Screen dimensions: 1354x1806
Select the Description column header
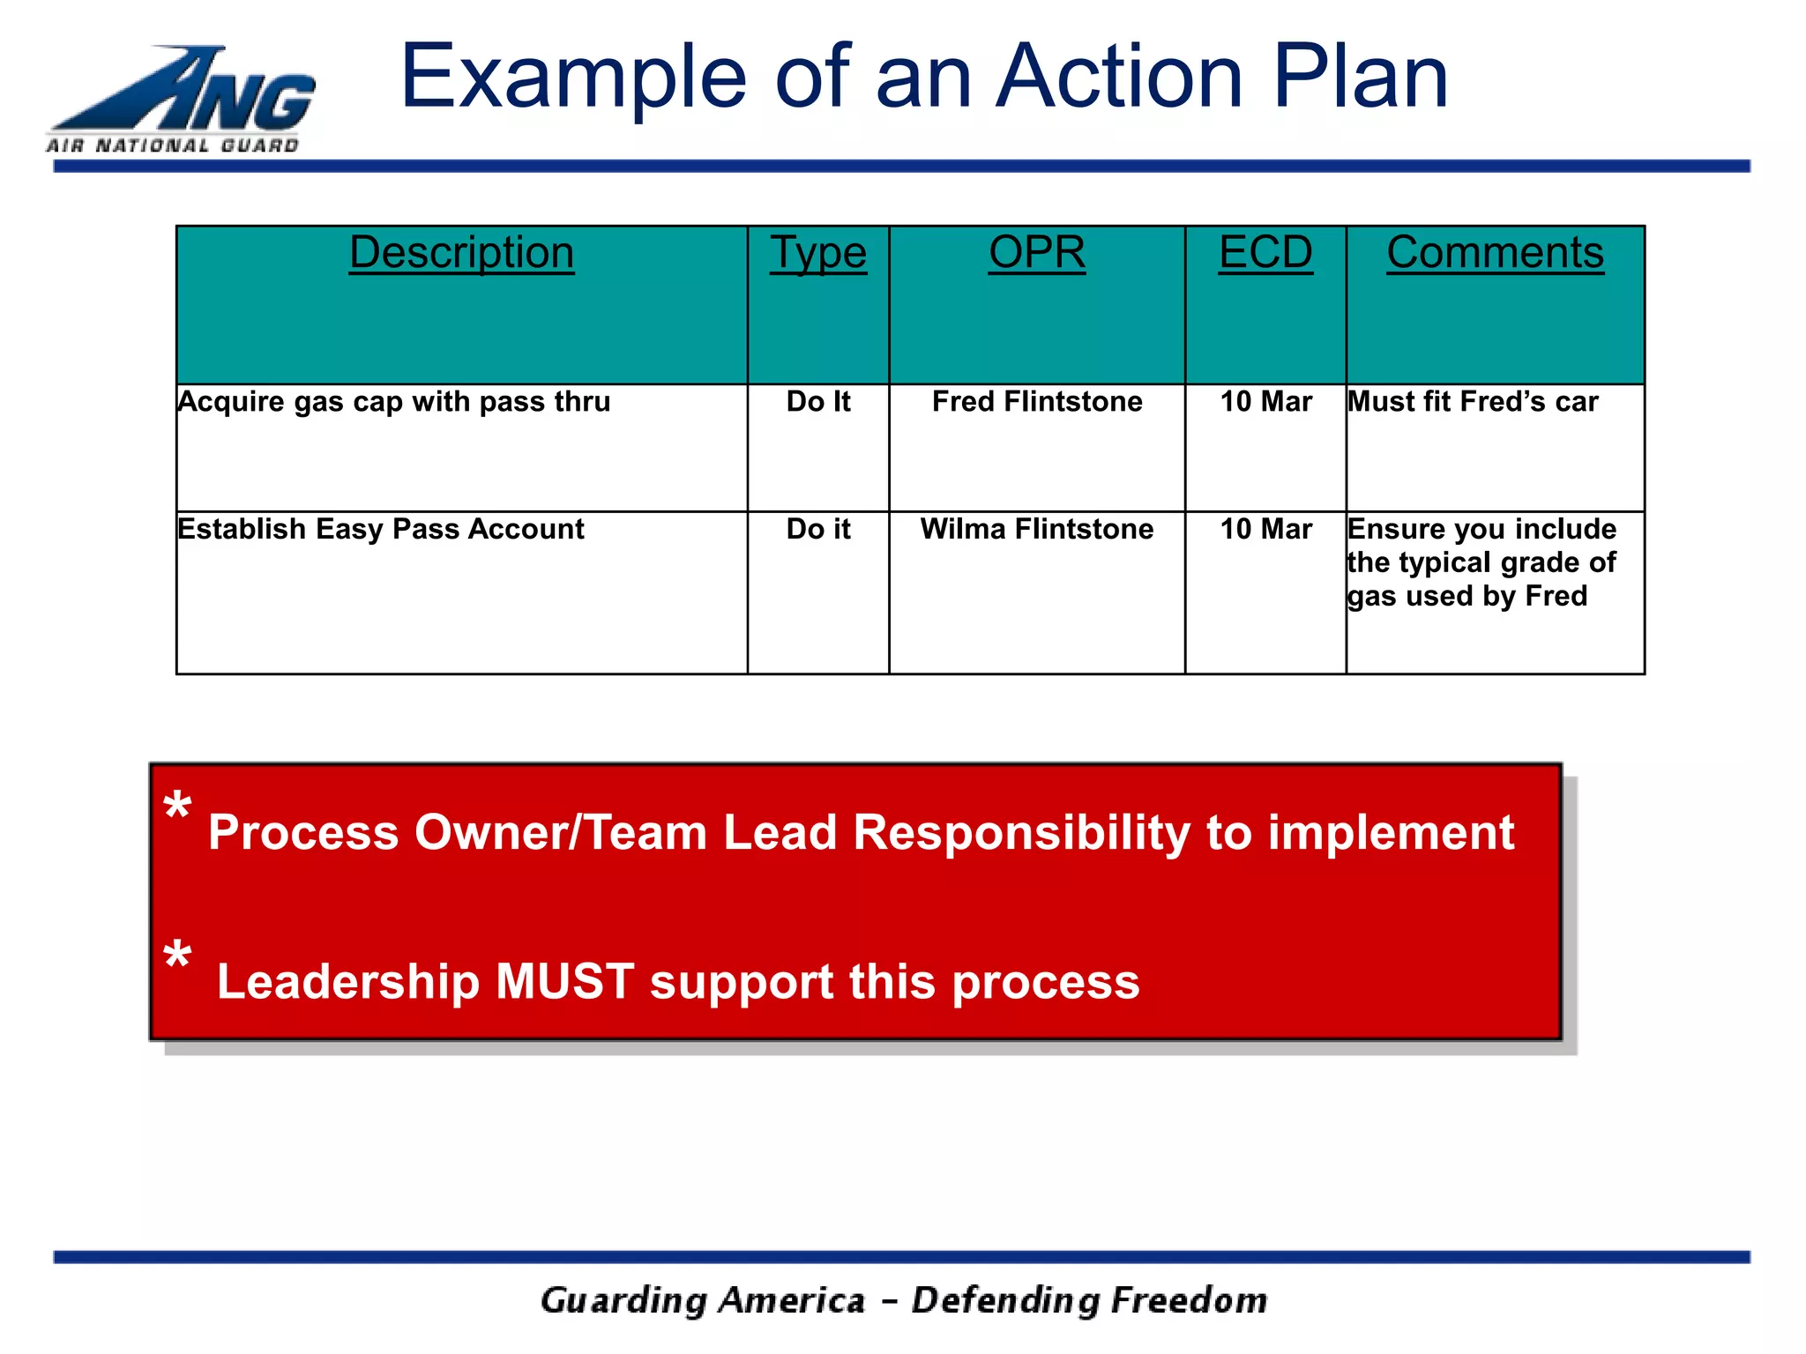(x=461, y=253)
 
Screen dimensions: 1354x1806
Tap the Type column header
(x=817, y=253)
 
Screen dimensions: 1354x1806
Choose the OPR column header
(x=1036, y=253)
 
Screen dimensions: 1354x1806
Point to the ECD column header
(x=1265, y=253)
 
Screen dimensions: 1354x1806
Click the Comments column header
(x=1494, y=253)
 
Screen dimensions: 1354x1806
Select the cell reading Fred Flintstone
(x=1036, y=402)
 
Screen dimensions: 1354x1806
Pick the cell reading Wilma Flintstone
(x=1036, y=529)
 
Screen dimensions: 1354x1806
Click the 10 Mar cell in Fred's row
(x=1265, y=402)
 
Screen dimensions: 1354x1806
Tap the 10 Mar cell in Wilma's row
(x=1265, y=529)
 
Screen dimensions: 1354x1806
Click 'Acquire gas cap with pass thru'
(x=393, y=402)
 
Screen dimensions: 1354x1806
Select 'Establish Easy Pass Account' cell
(x=380, y=529)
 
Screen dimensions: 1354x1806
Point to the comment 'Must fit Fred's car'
(x=1472, y=402)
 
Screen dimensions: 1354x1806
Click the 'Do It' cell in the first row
(x=817, y=402)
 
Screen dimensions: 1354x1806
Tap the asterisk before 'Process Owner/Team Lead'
(x=177, y=806)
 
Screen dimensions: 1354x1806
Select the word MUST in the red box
(x=564, y=981)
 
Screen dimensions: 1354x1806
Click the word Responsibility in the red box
(x=1021, y=833)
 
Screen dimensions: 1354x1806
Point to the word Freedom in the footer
(x=1189, y=1301)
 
